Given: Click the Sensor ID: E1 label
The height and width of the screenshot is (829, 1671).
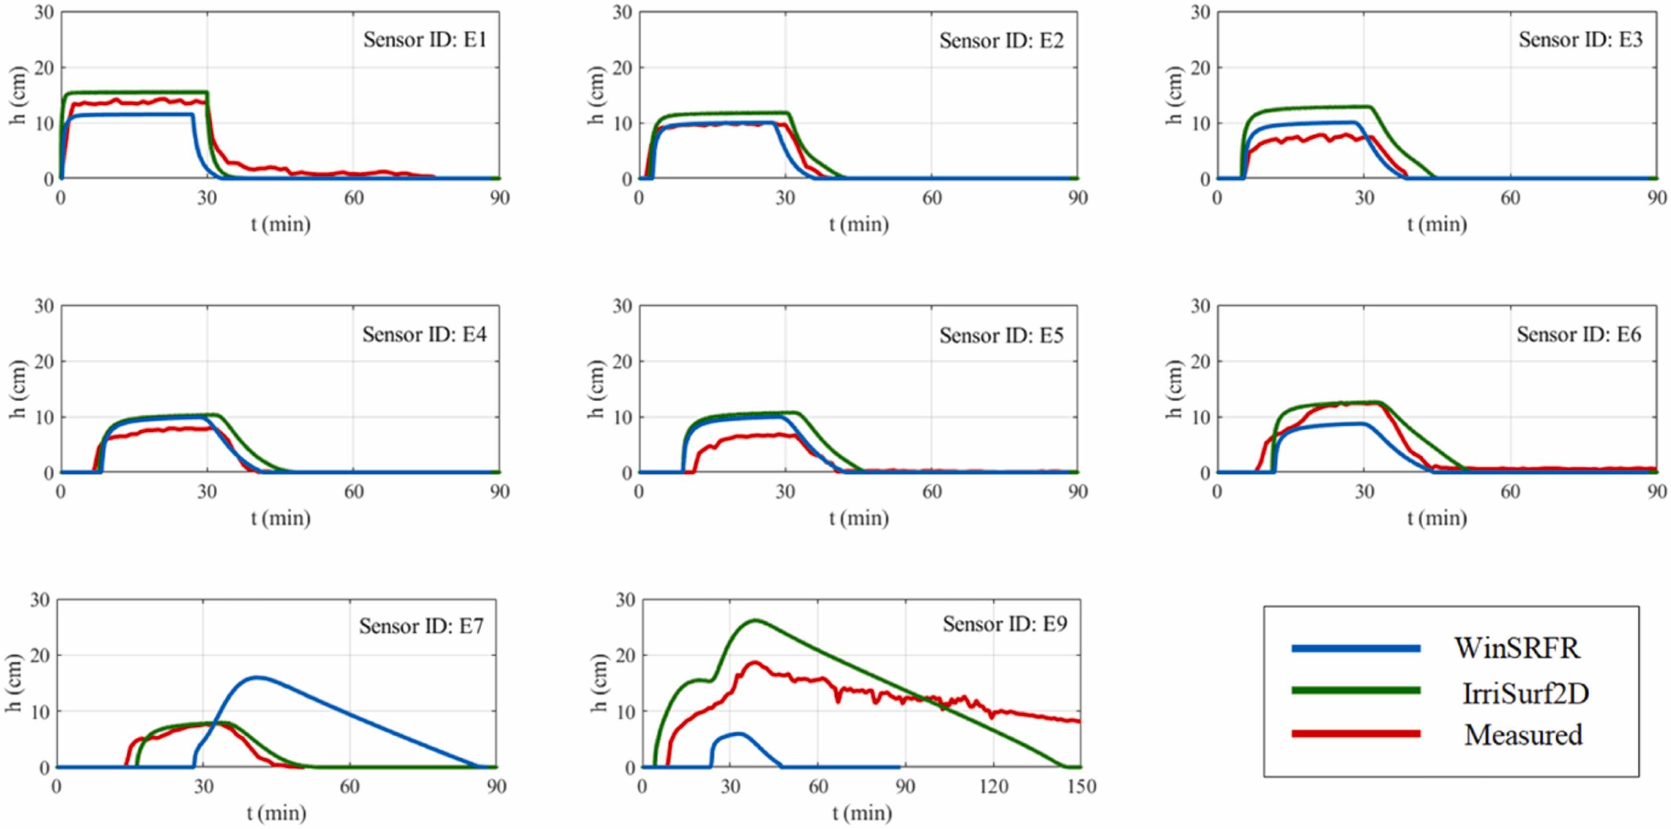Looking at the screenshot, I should point(424,40).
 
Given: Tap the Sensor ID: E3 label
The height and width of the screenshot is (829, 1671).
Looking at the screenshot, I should point(1580,40).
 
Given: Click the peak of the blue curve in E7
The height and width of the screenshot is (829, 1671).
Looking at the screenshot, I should point(257,677).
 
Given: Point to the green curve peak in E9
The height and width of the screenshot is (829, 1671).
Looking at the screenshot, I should point(755,620).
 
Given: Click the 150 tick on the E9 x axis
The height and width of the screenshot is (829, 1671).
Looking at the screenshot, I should point(1081,787).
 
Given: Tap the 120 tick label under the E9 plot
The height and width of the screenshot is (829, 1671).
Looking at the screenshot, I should point(993,787).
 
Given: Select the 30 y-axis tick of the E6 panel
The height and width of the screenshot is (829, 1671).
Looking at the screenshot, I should point(1200,306).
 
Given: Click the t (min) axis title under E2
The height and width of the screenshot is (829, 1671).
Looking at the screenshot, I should point(858,224).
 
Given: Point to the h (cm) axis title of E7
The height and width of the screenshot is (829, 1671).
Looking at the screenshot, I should point(14,683).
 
